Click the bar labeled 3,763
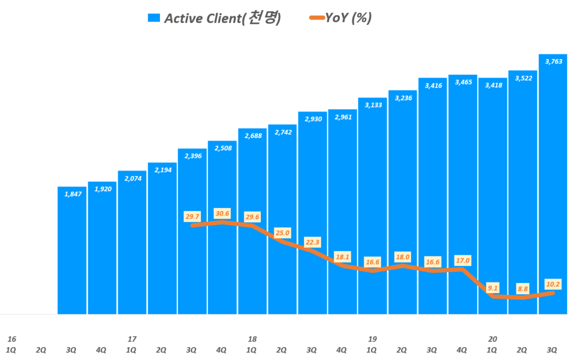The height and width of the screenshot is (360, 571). click(x=553, y=184)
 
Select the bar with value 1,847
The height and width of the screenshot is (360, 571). click(x=72, y=250)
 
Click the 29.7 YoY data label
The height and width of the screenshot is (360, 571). click(x=192, y=216)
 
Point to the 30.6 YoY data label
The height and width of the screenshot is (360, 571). click(x=222, y=213)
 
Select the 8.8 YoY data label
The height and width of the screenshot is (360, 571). click(x=522, y=289)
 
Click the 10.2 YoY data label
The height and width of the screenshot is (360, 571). click(x=553, y=284)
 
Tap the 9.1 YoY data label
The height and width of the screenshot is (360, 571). click(x=492, y=288)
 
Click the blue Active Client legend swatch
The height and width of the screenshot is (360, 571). click(x=153, y=18)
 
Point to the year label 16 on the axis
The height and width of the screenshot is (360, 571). click(x=12, y=339)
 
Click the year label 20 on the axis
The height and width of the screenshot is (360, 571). click(x=492, y=339)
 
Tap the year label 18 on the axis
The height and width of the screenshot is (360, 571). click(x=252, y=339)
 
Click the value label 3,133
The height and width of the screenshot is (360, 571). click(x=372, y=105)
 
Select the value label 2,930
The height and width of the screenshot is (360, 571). click(x=312, y=119)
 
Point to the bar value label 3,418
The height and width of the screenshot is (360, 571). click(x=492, y=85)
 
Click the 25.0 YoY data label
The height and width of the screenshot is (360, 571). click(x=282, y=232)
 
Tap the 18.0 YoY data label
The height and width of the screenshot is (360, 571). click(x=403, y=257)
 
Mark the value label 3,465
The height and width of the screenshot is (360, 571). click(x=462, y=82)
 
